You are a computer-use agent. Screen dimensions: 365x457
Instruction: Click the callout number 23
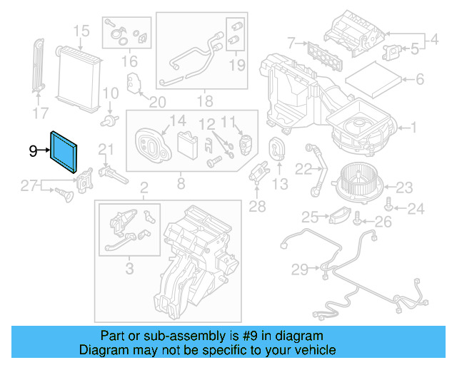pyautogui.click(x=404, y=188)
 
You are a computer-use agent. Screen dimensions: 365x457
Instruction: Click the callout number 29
pyautogui.click(x=300, y=269)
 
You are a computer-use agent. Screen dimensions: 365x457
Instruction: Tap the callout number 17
pyautogui.click(x=41, y=113)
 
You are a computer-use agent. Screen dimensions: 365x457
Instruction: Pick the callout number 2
pyautogui.click(x=144, y=188)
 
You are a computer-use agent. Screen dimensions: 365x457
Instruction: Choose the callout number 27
pyautogui.click(x=28, y=187)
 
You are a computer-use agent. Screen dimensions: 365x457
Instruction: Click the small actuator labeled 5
pyautogui.click(x=391, y=50)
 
